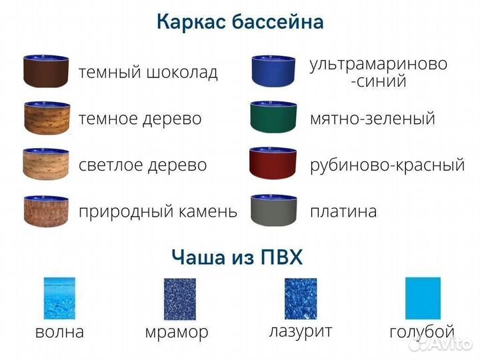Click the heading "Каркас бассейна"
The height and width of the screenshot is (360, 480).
click(x=240, y=22)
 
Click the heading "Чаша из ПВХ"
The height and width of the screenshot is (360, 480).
click(x=237, y=257)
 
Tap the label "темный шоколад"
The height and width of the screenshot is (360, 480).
click(x=148, y=72)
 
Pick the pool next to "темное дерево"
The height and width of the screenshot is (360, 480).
click(x=47, y=118)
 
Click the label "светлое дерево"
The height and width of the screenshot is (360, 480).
click(x=143, y=165)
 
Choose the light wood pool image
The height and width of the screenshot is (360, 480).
click(x=47, y=164)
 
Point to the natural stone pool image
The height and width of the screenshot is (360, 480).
click(x=47, y=211)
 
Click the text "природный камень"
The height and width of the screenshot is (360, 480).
click(x=158, y=212)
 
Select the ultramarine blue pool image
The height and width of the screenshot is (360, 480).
click(x=273, y=71)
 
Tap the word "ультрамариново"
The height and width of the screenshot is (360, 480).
click(x=379, y=64)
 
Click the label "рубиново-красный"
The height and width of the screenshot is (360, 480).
click(x=387, y=165)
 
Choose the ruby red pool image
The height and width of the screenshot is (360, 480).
click(x=273, y=164)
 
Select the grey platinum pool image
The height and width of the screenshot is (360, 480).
click(x=273, y=211)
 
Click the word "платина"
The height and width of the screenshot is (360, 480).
click(x=343, y=212)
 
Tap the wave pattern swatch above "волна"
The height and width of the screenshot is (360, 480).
click(x=59, y=299)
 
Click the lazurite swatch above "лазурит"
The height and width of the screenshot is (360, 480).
click(x=301, y=299)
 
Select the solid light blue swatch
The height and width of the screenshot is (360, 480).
click(x=423, y=299)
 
